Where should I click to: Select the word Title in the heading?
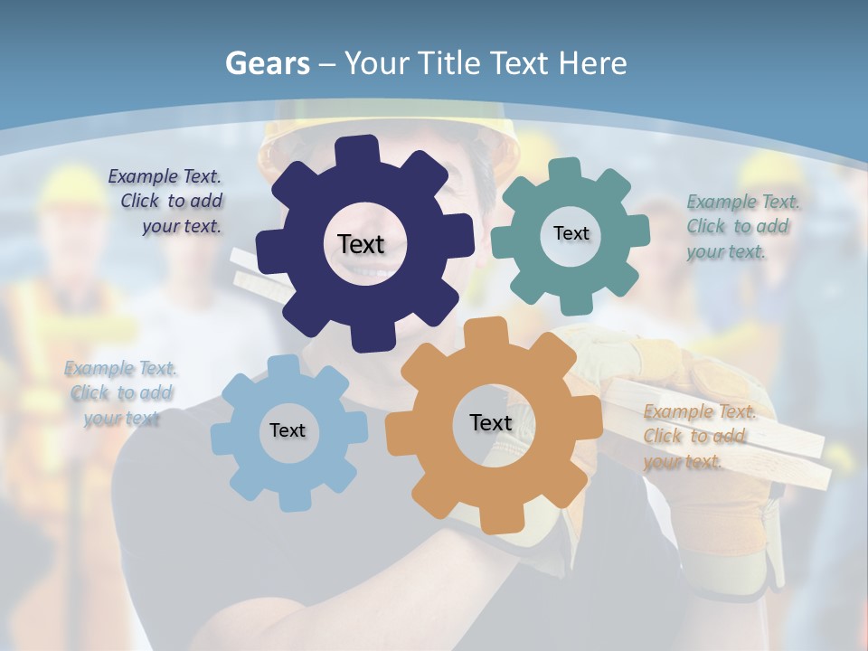448,63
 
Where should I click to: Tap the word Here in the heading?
592,63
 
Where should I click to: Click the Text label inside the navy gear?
361,244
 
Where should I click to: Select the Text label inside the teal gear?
571,233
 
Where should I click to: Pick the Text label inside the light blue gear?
288,430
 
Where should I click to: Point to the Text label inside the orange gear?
491,422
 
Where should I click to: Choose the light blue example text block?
120,393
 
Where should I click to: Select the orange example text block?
698,437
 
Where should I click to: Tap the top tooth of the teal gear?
565,169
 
